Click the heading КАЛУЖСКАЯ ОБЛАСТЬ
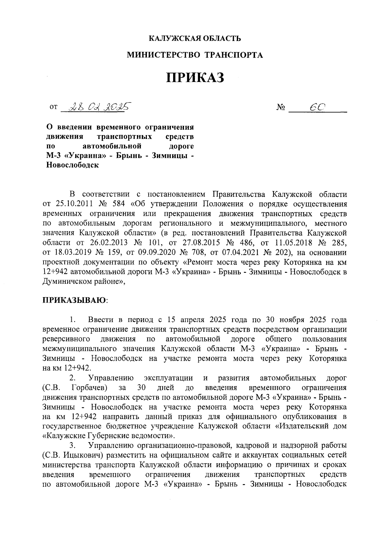195,39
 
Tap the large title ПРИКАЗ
195,78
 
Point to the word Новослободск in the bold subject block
72,166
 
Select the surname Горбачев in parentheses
90,388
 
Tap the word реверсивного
66,339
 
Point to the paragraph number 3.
73,445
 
